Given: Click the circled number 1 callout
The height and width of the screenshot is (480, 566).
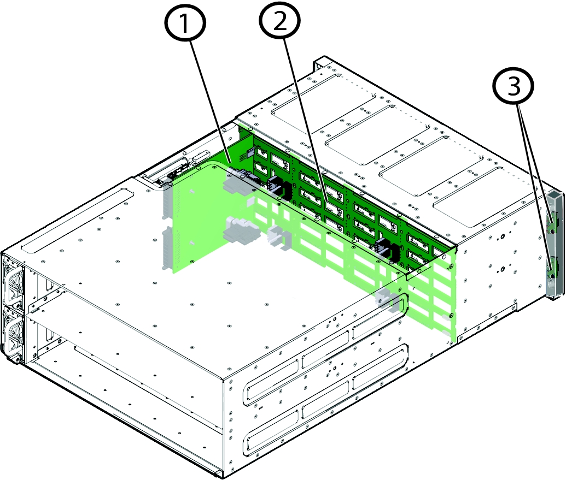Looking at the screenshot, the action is (186, 23).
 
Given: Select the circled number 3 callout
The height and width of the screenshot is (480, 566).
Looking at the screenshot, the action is (514, 86).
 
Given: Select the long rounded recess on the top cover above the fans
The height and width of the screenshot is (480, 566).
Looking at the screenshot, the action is (78, 220).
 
